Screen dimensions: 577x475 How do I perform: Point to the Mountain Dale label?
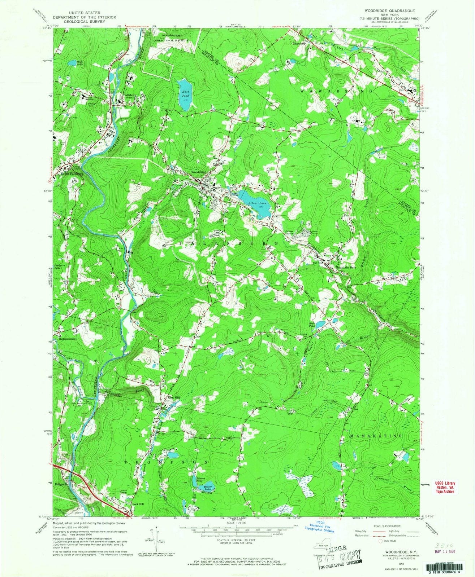pos(346,267)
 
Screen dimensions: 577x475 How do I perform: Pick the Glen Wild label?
pos(173,397)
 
